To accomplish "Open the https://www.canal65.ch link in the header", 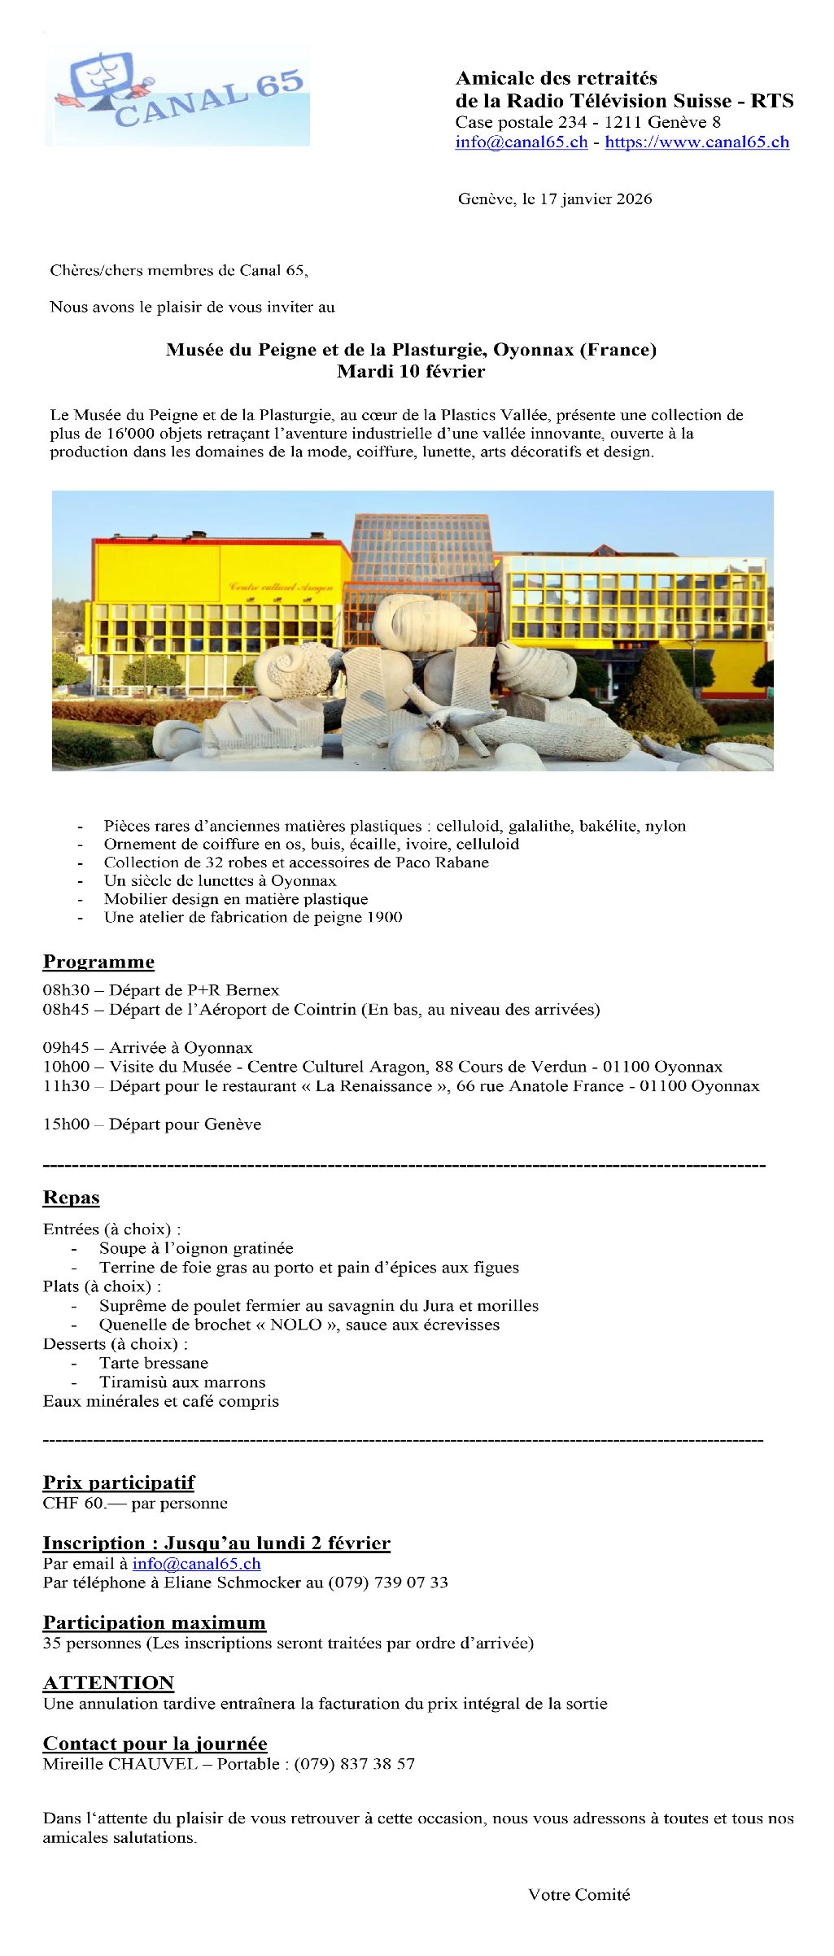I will pos(696,142).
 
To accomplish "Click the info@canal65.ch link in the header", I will pos(521,142).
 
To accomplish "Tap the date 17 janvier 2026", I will pos(596,199).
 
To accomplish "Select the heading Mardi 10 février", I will pos(411,372).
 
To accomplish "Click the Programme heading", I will pos(98,962).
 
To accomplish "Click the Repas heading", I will pos(71,1198).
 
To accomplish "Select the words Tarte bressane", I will pos(154,1363).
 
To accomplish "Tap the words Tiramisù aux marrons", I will pos(182,1382).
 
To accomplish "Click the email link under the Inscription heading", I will pos(196,1563).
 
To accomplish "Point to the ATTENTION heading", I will pos(108,1683).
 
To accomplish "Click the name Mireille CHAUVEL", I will pos(120,1764).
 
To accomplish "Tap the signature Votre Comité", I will pos(579,1895).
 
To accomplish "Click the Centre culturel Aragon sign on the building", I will pos(281,587).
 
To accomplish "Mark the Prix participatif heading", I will pos(119,1482).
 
